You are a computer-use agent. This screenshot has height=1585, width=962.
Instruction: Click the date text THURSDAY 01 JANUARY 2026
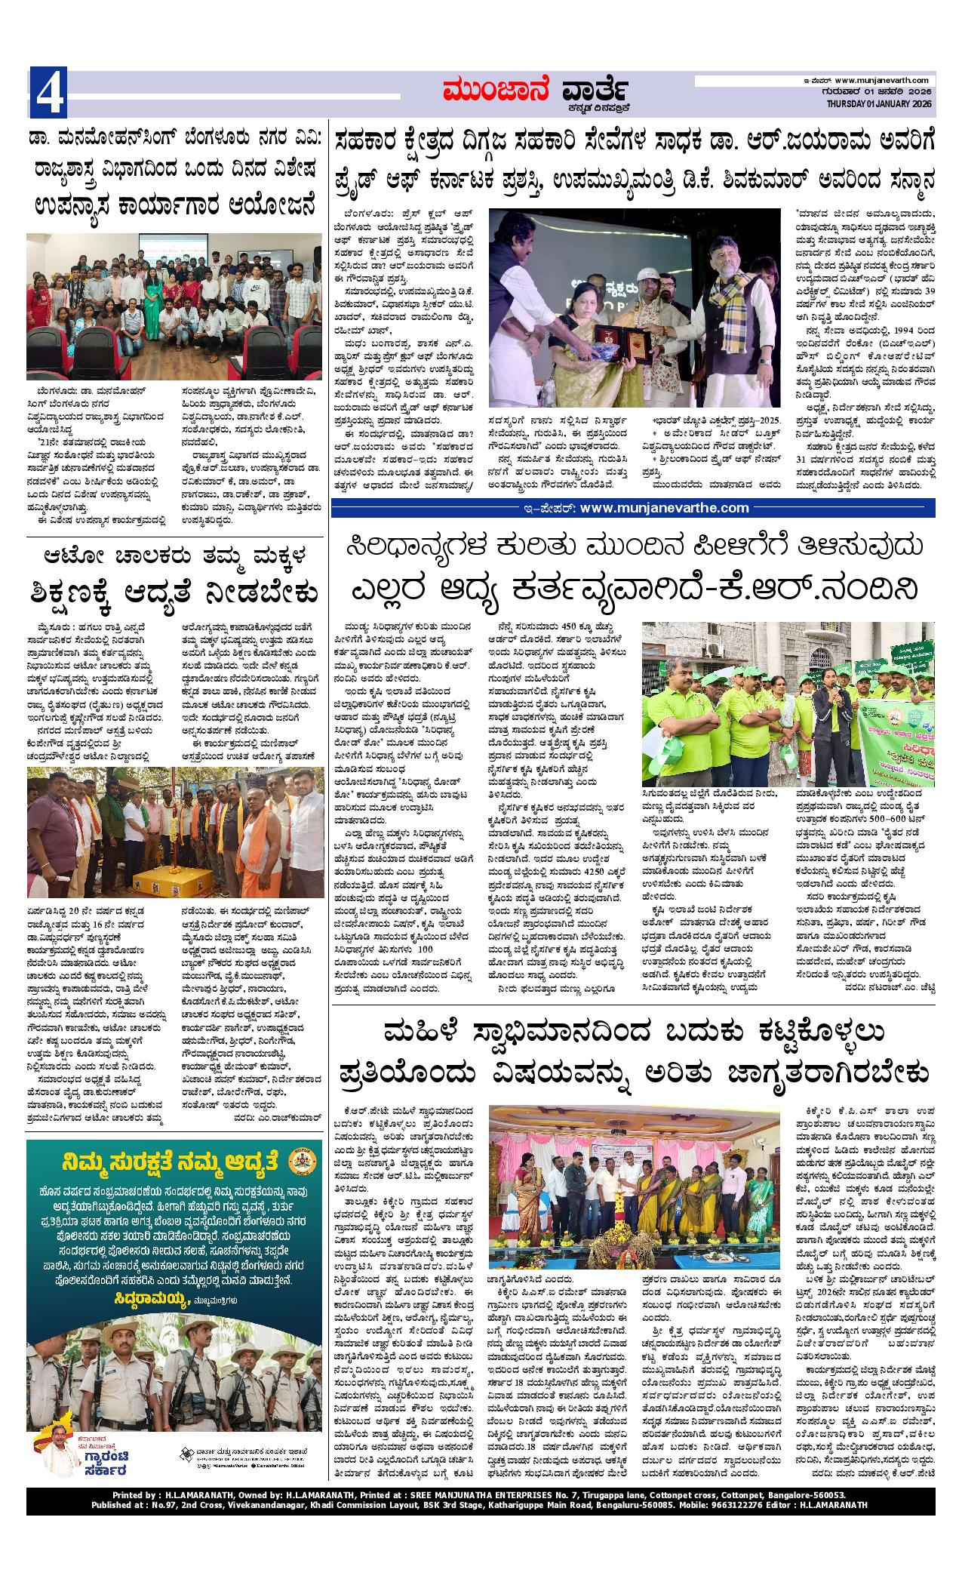[x=879, y=104]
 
